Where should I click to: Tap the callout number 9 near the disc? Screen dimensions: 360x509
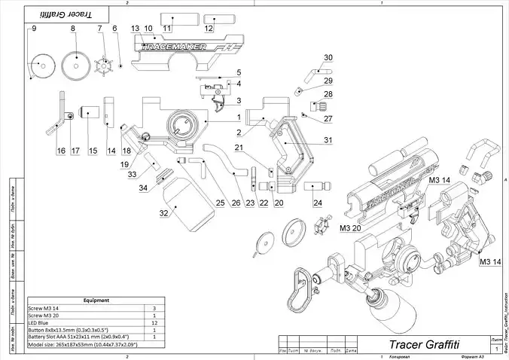pyautogui.click(x=34, y=28)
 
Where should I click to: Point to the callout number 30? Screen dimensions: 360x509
pyautogui.click(x=328, y=58)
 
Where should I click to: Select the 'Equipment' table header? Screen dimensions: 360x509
pyautogui.click(x=97, y=300)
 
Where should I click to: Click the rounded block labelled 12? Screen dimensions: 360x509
pyautogui.click(x=209, y=19)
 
